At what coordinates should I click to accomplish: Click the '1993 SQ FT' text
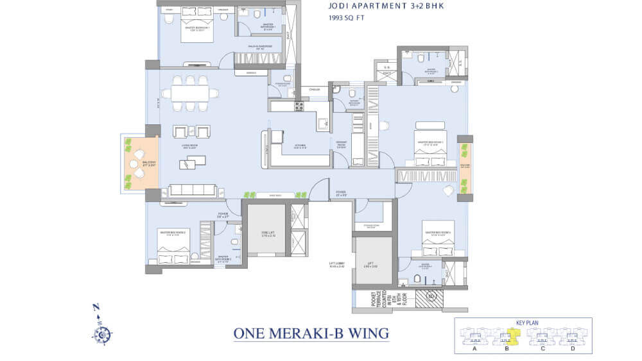tap(345, 19)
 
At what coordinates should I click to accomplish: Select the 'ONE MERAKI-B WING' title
tap(311, 333)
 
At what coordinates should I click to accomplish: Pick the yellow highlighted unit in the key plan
tap(512, 333)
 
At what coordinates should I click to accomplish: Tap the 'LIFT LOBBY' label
tap(337, 264)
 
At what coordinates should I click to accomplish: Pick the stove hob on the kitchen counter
tap(299, 106)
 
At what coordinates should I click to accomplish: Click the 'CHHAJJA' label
tap(315, 90)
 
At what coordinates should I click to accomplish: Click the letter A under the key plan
tap(474, 349)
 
